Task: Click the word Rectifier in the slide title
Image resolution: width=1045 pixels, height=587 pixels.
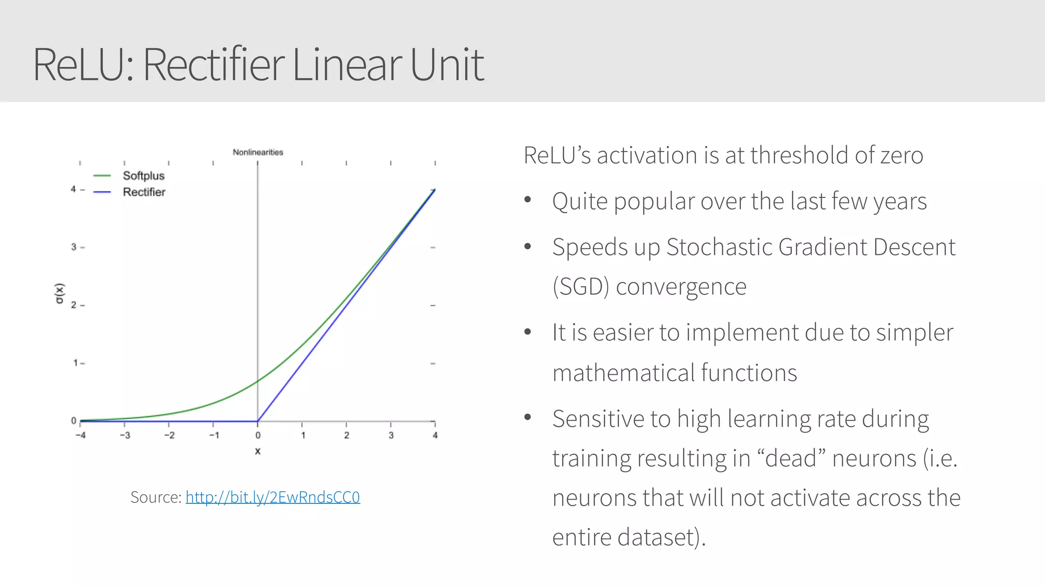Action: pyautogui.click(x=213, y=65)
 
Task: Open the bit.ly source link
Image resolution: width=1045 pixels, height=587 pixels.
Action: pyautogui.click(x=272, y=497)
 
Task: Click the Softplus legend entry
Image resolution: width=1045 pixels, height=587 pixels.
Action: pyautogui.click(x=143, y=176)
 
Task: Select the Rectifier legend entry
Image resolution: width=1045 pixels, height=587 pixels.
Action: pyautogui.click(x=144, y=192)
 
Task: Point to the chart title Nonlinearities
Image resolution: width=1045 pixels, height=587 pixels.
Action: pyautogui.click(x=258, y=152)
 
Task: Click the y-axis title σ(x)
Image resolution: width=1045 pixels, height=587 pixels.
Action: pyautogui.click(x=60, y=293)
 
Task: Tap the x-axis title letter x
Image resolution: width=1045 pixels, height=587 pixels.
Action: pyautogui.click(x=258, y=451)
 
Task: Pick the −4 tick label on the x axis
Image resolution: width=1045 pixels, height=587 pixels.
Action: pyautogui.click(x=80, y=436)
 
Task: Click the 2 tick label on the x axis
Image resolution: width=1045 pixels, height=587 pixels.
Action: pyautogui.click(x=346, y=436)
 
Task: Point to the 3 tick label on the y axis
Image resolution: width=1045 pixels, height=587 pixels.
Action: pyautogui.click(x=73, y=247)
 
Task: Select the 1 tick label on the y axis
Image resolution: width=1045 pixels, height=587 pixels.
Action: pyautogui.click(x=75, y=363)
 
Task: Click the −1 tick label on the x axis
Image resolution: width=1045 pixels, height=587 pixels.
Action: pyautogui.click(x=214, y=436)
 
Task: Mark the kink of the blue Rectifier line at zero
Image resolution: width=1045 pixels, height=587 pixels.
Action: pyautogui.click(x=258, y=421)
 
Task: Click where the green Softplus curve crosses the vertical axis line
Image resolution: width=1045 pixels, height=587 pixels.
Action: pyautogui.click(x=258, y=380)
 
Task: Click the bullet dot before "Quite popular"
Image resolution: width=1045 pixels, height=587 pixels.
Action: pyautogui.click(x=528, y=200)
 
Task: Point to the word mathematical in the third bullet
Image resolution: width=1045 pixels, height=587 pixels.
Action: pyautogui.click(x=623, y=373)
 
